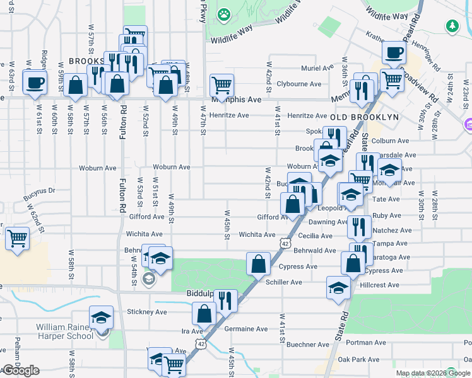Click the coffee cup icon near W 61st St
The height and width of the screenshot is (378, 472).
[35, 82]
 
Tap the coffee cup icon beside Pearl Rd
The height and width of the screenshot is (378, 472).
[394, 53]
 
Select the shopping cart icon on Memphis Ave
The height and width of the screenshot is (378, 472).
[221, 84]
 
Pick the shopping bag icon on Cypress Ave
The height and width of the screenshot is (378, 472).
[259, 263]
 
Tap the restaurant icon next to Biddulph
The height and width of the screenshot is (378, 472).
[225, 300]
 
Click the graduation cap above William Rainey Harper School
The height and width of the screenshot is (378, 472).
[101, 318]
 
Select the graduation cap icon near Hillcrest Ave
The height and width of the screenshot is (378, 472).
[338, 287]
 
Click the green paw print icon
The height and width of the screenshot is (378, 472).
[224, 13]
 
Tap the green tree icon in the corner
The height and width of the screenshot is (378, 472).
[451, 26]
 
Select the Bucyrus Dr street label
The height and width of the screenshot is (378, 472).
[39, 190]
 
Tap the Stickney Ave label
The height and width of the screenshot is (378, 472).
[147, 311]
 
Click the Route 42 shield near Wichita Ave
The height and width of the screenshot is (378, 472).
[286, 243]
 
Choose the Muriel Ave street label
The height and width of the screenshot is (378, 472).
[317, 67]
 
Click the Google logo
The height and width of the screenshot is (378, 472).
[21, 370]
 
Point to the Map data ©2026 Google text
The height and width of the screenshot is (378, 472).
[433, 373]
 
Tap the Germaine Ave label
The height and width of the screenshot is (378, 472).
[246, 329]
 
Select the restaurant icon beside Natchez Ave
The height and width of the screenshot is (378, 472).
[359, 227]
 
